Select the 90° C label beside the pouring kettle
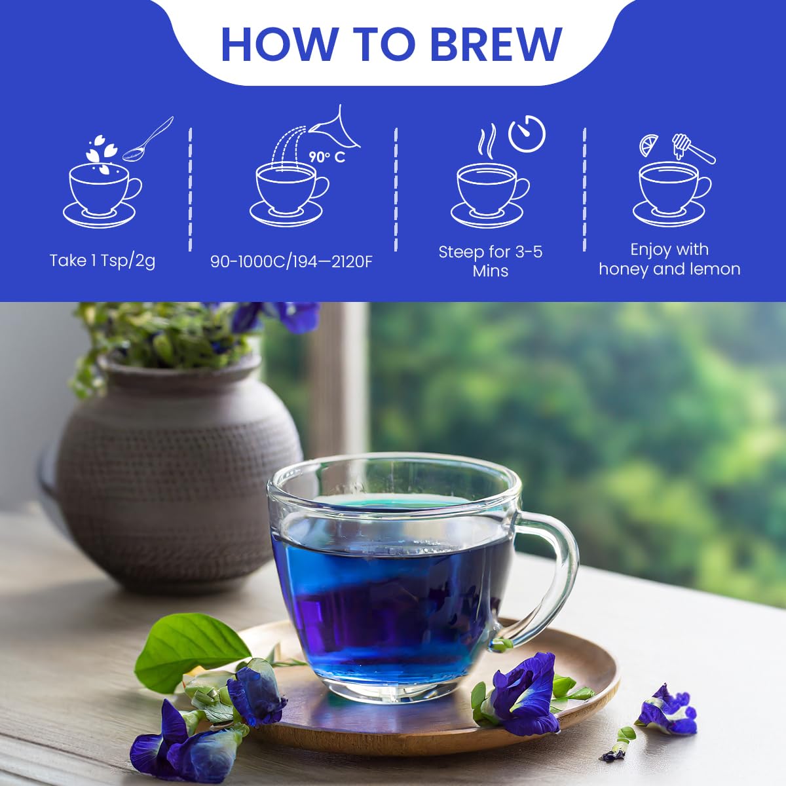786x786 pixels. coord(327,157)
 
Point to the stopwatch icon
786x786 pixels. coord(527,134)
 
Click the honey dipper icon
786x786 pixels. coord(692,148)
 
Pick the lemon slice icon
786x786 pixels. coord(649,144)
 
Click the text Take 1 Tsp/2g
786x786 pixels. coord(102,261)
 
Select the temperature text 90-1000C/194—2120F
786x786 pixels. coord(291,261)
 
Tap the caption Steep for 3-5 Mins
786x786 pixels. coord(491,261)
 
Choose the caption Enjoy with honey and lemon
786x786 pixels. coord(669,259)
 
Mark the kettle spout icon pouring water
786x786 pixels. coord(337,128)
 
